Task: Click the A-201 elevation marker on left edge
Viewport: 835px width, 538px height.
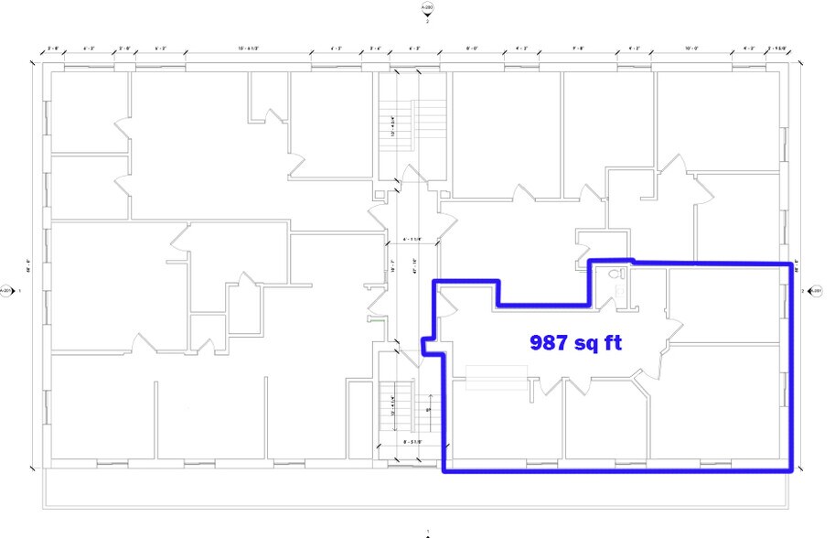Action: click(x=6, y=291)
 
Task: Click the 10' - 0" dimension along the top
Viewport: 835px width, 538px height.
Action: click(x=691, y=48)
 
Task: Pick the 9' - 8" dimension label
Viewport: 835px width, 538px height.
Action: click(x=578, y=48)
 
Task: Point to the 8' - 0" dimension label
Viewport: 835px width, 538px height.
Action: click(x=473, y=48)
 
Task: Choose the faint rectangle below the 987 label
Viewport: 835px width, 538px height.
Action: click(x=497, y=377)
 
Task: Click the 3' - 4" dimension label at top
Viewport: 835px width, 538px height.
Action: click(x=376, y=48)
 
